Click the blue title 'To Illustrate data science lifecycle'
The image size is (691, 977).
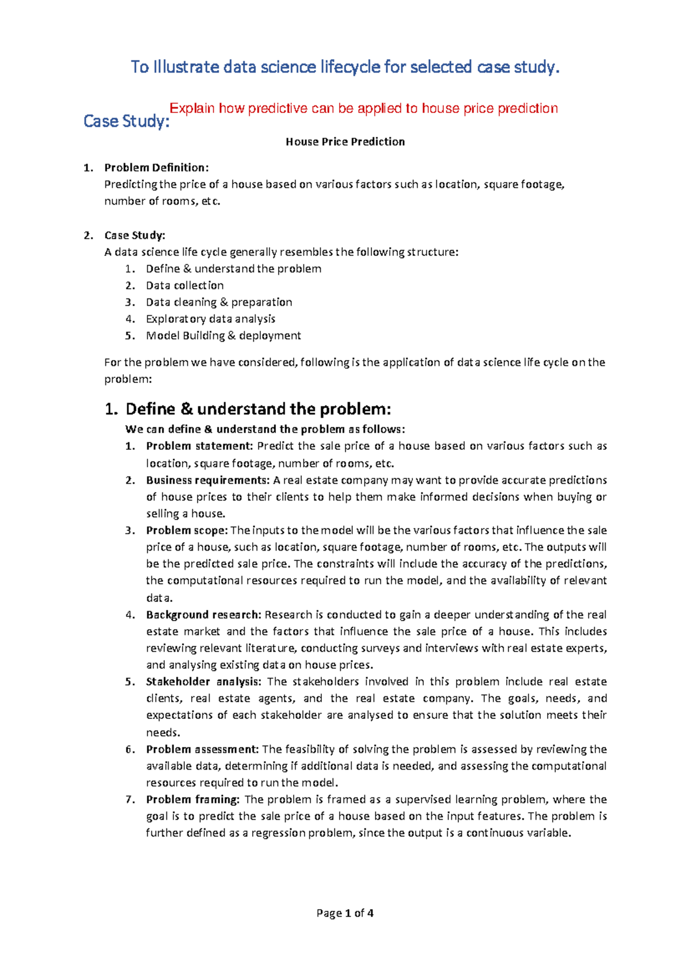tap(345, 67)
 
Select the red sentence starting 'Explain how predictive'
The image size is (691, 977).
tap(363, 108)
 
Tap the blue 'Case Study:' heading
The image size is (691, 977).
tap(126, 122)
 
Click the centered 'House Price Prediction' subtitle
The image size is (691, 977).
tap(345, 142)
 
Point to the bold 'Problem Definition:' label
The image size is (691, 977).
tap(156, 168)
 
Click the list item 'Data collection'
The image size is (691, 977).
tap(184, 285)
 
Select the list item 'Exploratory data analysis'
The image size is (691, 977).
tap(210, 319)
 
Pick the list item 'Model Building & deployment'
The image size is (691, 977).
tap(223, 335)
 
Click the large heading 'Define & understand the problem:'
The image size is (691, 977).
tap(258, 409)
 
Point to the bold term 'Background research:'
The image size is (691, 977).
tap(204, 615)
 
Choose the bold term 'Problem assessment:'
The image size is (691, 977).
tap(202, 749)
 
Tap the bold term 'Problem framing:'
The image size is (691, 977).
tap(193, 800)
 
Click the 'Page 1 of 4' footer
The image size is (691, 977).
tap(345, 913)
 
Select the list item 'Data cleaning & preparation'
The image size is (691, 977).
tap(219, 302)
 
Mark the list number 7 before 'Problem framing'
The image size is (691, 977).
tap(130, 800)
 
